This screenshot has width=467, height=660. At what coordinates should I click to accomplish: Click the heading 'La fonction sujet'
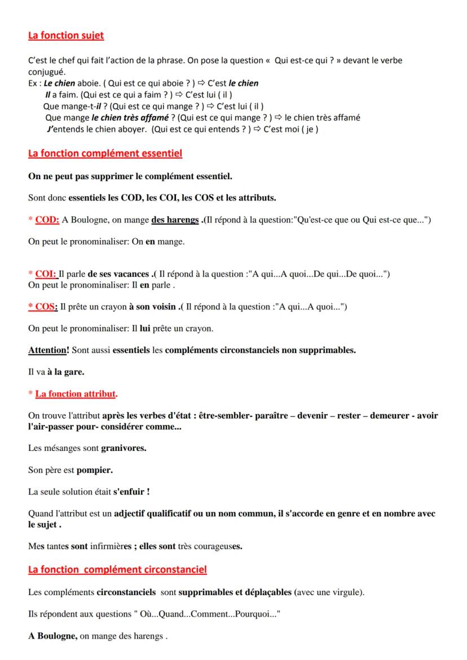(x=66, y=36)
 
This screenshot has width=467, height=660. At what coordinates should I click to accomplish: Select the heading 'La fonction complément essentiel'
(x=105, y=153)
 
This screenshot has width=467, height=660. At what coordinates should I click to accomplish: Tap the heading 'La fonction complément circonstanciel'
(x=117, y=570)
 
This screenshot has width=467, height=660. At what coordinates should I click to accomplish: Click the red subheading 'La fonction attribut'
(x=76, y=393)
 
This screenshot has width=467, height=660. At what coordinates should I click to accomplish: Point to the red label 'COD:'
(x=47, y=220)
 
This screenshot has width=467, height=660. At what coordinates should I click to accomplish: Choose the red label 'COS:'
(x=46, y=307)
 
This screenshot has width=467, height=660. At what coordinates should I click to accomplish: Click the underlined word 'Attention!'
(x=49, y=350)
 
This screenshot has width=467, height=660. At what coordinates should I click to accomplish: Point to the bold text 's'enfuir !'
(x=131, y=491)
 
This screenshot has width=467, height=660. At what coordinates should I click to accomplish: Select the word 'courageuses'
(x=222, y=546)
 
